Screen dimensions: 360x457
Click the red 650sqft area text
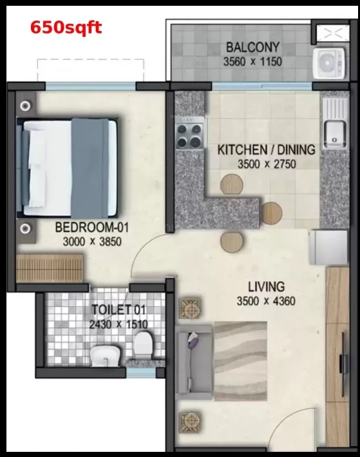(66, 28)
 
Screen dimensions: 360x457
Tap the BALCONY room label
(253, 47)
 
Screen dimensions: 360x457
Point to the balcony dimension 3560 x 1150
(252, 62)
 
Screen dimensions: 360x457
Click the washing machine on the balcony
(329, 63)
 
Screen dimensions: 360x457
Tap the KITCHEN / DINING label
(266, 150)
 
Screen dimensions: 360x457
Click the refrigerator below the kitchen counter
(328, 248)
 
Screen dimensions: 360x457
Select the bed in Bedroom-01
(67, 168)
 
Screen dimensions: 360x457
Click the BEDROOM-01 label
(91, 228)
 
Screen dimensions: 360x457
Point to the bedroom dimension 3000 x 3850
(92, 242)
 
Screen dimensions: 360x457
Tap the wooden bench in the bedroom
(50, 268)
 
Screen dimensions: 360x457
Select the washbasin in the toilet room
(105, 356)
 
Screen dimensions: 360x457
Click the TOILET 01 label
(118, 310)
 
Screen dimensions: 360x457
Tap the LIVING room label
(266, 287)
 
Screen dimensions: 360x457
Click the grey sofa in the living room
(194, 362)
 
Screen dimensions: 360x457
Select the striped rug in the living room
(241, 361)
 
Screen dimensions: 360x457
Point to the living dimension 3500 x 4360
(266, 301)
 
